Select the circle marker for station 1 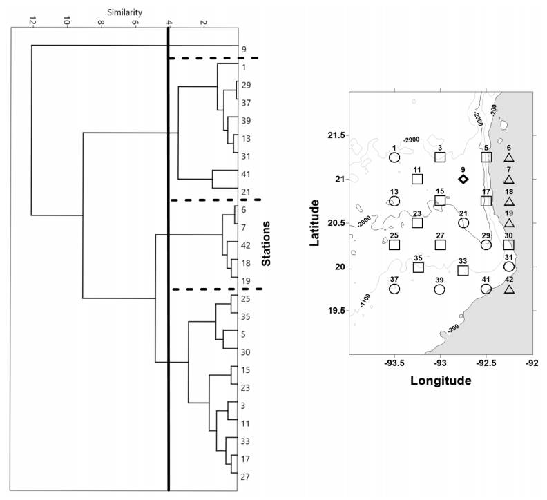394,157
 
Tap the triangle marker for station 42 509,289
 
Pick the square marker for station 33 463,270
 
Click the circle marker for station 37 394,289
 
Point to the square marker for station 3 440,157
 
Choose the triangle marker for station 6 509,157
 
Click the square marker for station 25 394,244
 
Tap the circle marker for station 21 463,222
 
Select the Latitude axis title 315,222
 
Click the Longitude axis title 441,381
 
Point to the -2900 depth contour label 412,140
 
